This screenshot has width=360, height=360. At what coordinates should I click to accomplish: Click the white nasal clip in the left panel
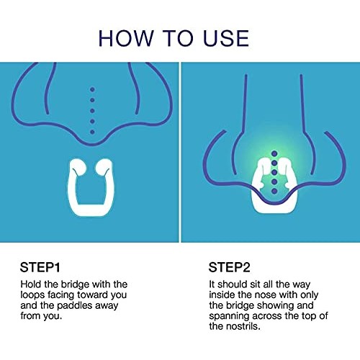tap(90, 189)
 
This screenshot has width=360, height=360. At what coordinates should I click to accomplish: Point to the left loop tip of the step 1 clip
tap(76, 167)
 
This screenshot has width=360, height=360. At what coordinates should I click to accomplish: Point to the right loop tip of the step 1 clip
tap(104, 167)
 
